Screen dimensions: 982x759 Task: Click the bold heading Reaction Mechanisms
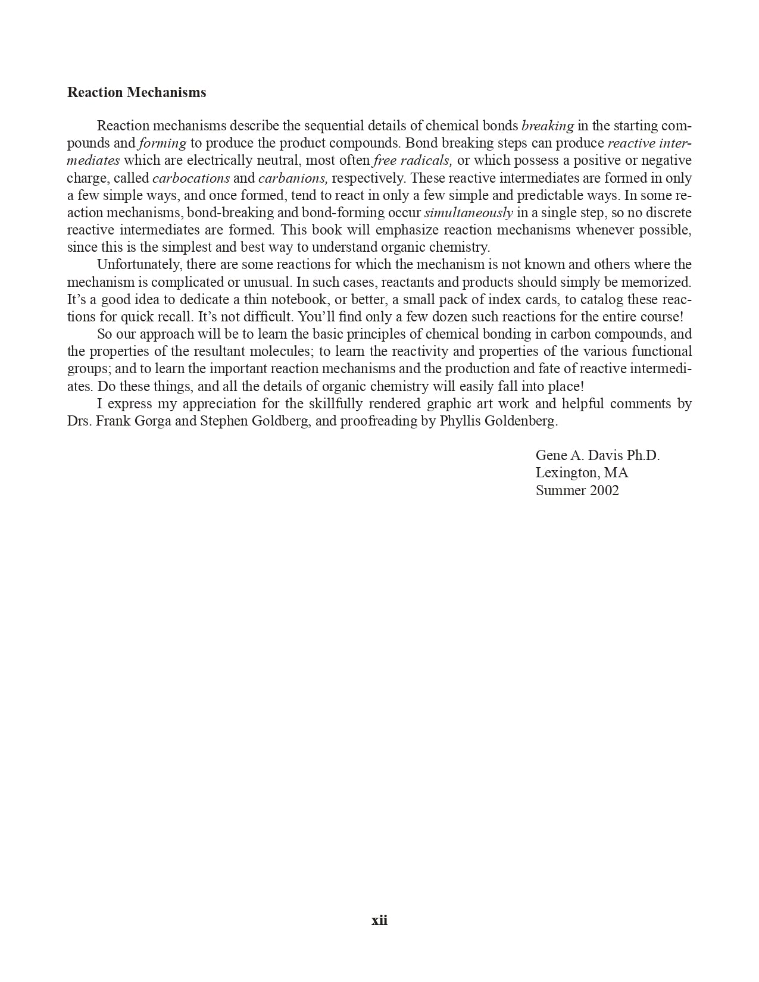[136, 92]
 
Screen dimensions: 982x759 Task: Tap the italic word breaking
[548, 126]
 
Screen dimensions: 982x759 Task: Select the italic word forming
[163, 143]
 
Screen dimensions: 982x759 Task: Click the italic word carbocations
[191, 178]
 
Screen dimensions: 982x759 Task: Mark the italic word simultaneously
[468, 213]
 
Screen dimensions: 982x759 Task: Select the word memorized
[660, 282]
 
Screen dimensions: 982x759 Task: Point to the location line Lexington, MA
[582, 473]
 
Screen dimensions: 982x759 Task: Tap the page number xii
[379, 920]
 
